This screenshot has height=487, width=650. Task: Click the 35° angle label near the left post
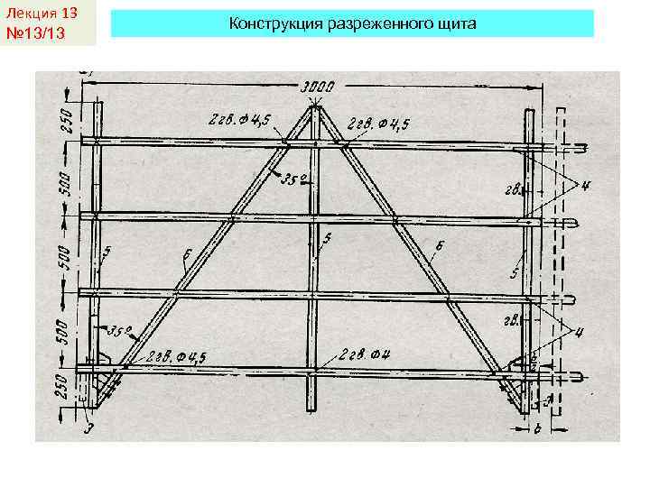[x=120, y=330]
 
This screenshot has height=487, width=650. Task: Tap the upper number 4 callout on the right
[x=587, y=187]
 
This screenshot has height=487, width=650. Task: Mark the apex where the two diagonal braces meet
[x=314, y=108]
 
